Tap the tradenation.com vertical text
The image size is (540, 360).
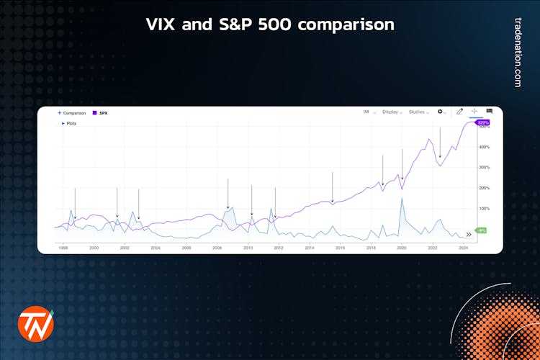click(x=517, y=53)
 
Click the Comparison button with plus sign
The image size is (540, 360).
click(x=72, y=113)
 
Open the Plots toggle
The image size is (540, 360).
click(x=69, y=123)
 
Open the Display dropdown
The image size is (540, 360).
click(x=392, y=112)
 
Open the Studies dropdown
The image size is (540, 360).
click(x=419, y=112)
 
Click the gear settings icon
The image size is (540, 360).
click(x=441, y=112)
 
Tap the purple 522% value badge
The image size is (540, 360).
click(x=482, y=123)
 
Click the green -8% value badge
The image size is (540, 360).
click(x=482, y=230)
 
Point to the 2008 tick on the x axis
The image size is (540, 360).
click(x=217, y=248)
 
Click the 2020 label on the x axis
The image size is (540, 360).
click(x=402, y=248)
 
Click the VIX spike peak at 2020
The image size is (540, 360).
click(x=402, y=198)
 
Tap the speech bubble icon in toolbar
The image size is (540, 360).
click(x=490, y=112)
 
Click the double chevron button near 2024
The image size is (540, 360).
click(x=469, y=234)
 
